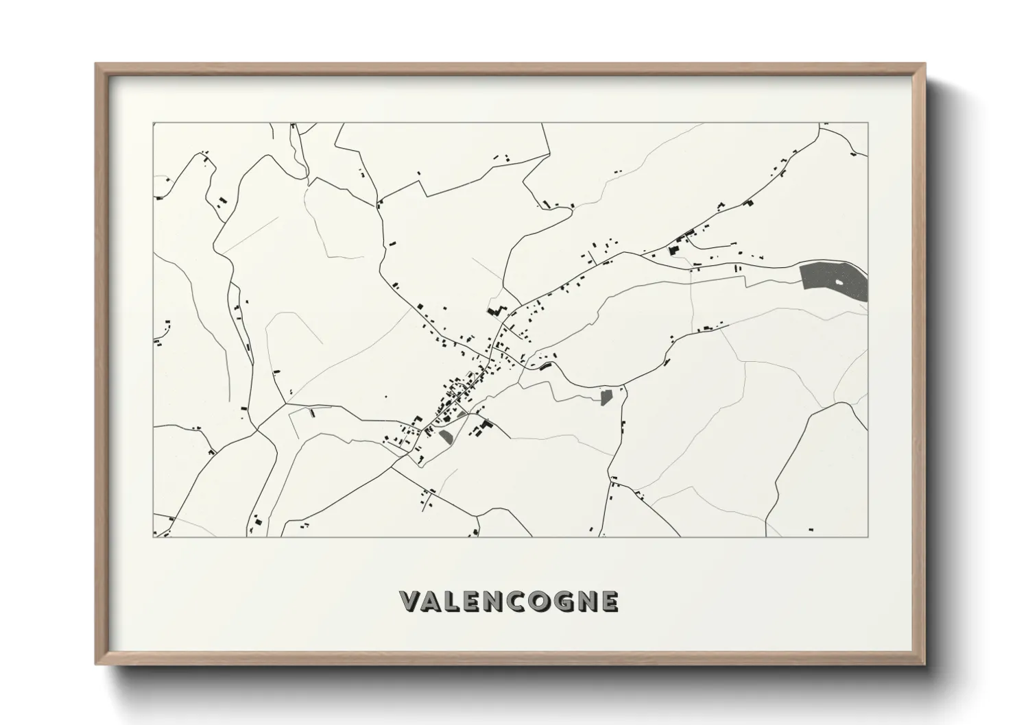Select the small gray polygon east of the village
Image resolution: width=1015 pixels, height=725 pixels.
tap(606, 397)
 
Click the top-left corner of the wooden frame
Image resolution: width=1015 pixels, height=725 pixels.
tap(96, 64)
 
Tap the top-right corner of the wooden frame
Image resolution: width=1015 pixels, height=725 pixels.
tap(925, 64)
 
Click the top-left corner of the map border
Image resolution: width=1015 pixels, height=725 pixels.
tap(153, 123)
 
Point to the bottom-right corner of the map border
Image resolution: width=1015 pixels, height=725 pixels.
tap(868, 537)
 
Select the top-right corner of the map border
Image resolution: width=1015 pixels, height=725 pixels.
tap(868, 123)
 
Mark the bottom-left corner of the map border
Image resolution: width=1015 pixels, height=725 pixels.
tap(153, 537)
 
